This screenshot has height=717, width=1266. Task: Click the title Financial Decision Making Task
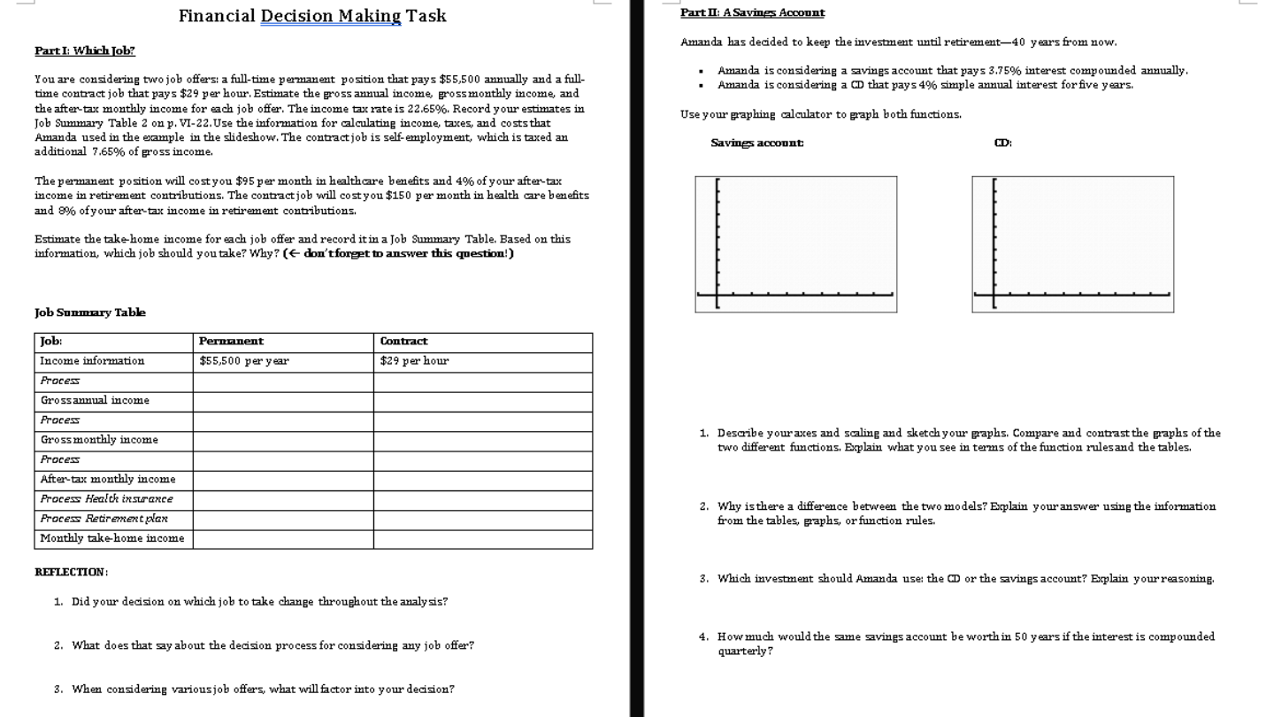tap(312, 16)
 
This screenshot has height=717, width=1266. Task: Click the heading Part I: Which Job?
tap(85, 50)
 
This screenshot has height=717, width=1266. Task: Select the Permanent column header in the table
tap(231, 341)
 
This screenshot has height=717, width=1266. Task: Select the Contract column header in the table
tap(403, 341)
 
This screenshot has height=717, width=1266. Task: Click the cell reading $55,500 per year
tap(243, 360)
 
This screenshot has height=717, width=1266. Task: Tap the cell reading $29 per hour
tap(414, 360)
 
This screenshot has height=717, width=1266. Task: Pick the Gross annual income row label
tap(95, 400)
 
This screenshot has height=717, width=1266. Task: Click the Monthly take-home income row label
tap(112, 538)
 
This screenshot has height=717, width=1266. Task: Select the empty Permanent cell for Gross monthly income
tap(282, 440)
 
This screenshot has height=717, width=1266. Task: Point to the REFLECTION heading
tap(71, 572)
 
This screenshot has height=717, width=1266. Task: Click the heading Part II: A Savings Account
tap(752, 12)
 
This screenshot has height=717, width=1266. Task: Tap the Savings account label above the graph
tap(757, 143)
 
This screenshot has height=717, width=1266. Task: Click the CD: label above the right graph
tap(1002, 143)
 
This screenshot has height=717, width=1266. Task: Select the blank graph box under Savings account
tap(795, 244)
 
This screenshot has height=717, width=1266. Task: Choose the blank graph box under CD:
tap(1072, 244)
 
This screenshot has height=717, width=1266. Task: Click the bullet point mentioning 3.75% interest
tap(952, 70)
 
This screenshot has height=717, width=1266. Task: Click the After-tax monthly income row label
tap(108, 479)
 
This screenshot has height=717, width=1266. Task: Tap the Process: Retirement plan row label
tap(104, 519)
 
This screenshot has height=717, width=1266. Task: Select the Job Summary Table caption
tap(90, 312)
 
